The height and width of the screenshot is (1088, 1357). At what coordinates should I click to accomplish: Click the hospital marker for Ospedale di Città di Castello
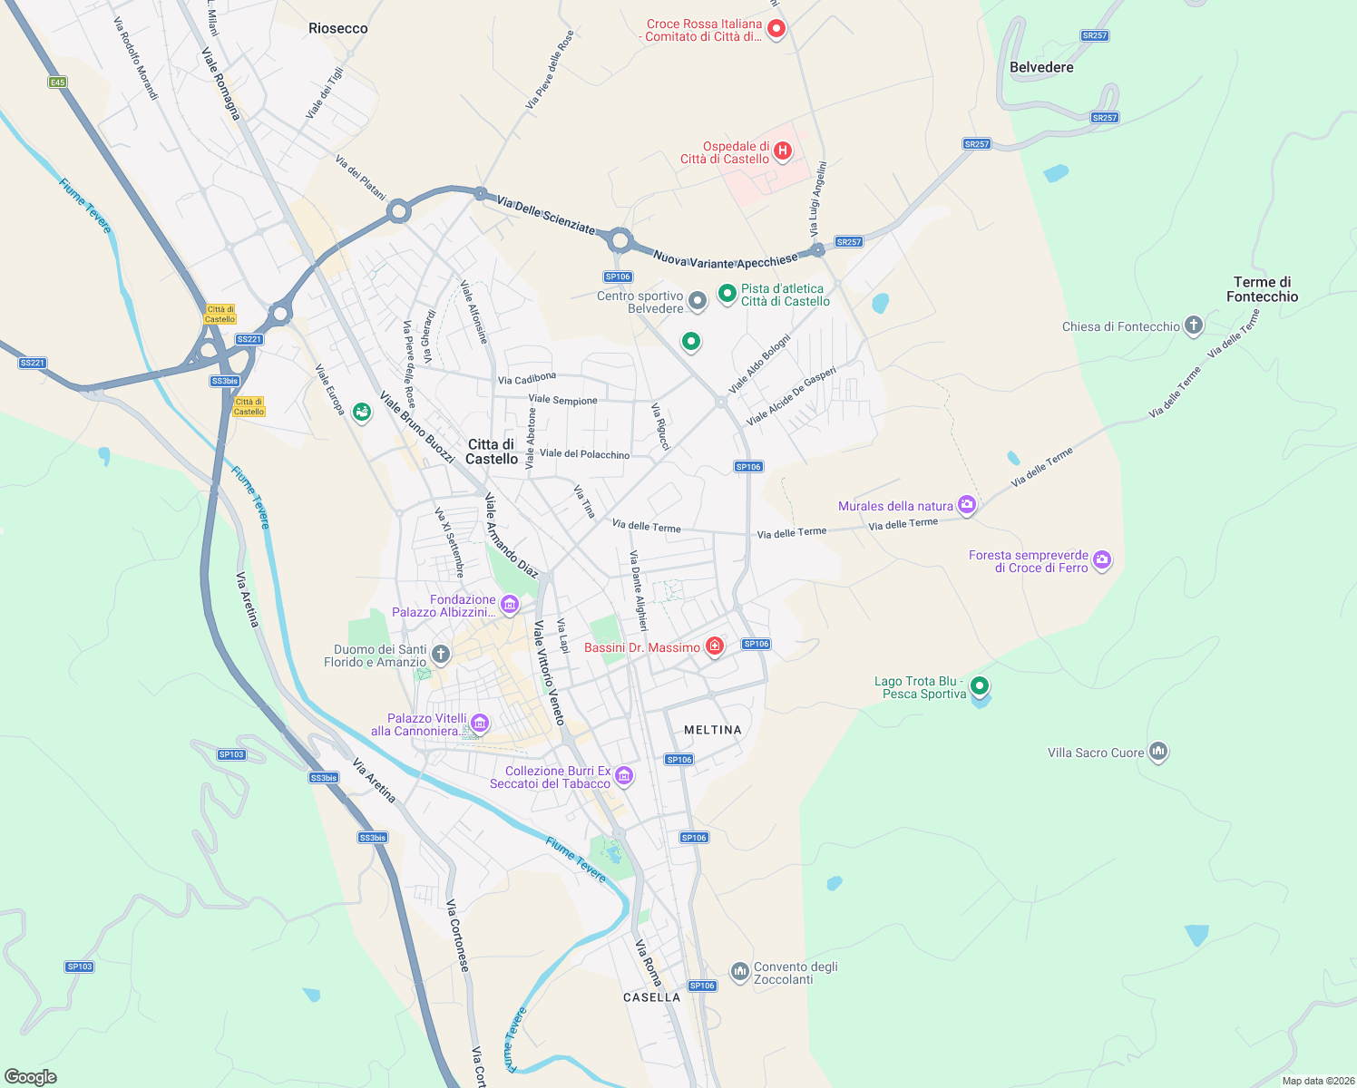click(783, 151)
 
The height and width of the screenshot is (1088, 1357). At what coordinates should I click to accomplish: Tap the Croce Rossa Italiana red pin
click(776, 29)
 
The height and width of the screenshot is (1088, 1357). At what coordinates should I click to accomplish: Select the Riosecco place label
click(338, 28)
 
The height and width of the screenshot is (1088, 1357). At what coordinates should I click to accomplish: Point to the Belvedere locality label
click(1041, 67)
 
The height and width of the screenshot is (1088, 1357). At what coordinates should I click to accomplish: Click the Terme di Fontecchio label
click(1262, 289)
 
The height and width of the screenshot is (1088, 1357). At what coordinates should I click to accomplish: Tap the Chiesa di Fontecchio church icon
click(1194, 325)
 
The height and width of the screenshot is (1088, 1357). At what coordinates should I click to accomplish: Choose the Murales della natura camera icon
click(967, 505)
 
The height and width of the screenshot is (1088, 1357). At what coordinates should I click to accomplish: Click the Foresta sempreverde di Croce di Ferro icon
click(1102, 560)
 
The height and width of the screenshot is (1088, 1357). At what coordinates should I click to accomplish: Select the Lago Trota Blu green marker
click(979, 686)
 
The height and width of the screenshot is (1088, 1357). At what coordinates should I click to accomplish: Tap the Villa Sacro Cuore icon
click(1157, 752)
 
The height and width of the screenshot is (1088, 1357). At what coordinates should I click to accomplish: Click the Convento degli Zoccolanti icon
click(739, 972)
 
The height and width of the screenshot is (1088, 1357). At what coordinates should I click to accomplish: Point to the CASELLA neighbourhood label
click(651, 997)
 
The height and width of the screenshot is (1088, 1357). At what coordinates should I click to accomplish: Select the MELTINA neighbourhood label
click(713, 730)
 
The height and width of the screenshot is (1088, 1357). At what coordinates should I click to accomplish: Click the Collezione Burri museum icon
click(623, 776)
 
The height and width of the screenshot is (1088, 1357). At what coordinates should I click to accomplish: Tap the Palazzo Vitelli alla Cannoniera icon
click(480, 724)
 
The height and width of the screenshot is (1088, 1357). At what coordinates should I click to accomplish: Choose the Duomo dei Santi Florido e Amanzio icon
click(440, 654)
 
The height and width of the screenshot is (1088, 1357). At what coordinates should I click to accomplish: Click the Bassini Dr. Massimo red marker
click(715, 646)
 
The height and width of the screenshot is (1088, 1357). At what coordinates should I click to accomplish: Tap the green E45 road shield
click(57, 83)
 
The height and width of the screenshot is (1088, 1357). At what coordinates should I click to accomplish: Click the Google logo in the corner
click(31, 1076)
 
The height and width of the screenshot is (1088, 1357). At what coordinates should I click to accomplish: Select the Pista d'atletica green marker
click(727, 293)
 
